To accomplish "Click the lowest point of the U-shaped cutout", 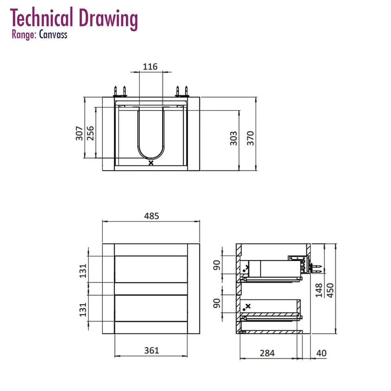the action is [x=151, y=160].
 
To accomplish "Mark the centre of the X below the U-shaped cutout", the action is [x=151, y=163].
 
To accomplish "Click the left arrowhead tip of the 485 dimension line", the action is [x=103, y=221].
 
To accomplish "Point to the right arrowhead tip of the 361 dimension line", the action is [x=187, y=356].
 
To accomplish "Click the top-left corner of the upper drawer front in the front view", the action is [x=115, y=256].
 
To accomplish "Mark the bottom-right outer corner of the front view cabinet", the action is [x=200, y=334].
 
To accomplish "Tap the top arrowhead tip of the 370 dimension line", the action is [x=256, y=97].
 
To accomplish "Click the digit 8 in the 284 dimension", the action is [x=267, y=353].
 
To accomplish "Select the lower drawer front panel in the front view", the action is [x=151, y=308].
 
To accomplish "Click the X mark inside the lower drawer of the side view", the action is [x=248, y=306].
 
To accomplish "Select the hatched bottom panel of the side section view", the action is [x=271, y=332].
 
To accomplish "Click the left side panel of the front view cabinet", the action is [x=108, y=289].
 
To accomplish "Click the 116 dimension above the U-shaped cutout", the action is [x=150, y=67].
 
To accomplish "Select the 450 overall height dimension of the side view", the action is [x=330, y=290].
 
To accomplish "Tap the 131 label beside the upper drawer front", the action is [x=83, y=271].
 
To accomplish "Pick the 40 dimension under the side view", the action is [x=321, y=353].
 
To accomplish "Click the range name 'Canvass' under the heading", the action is [x=53, y=35].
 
